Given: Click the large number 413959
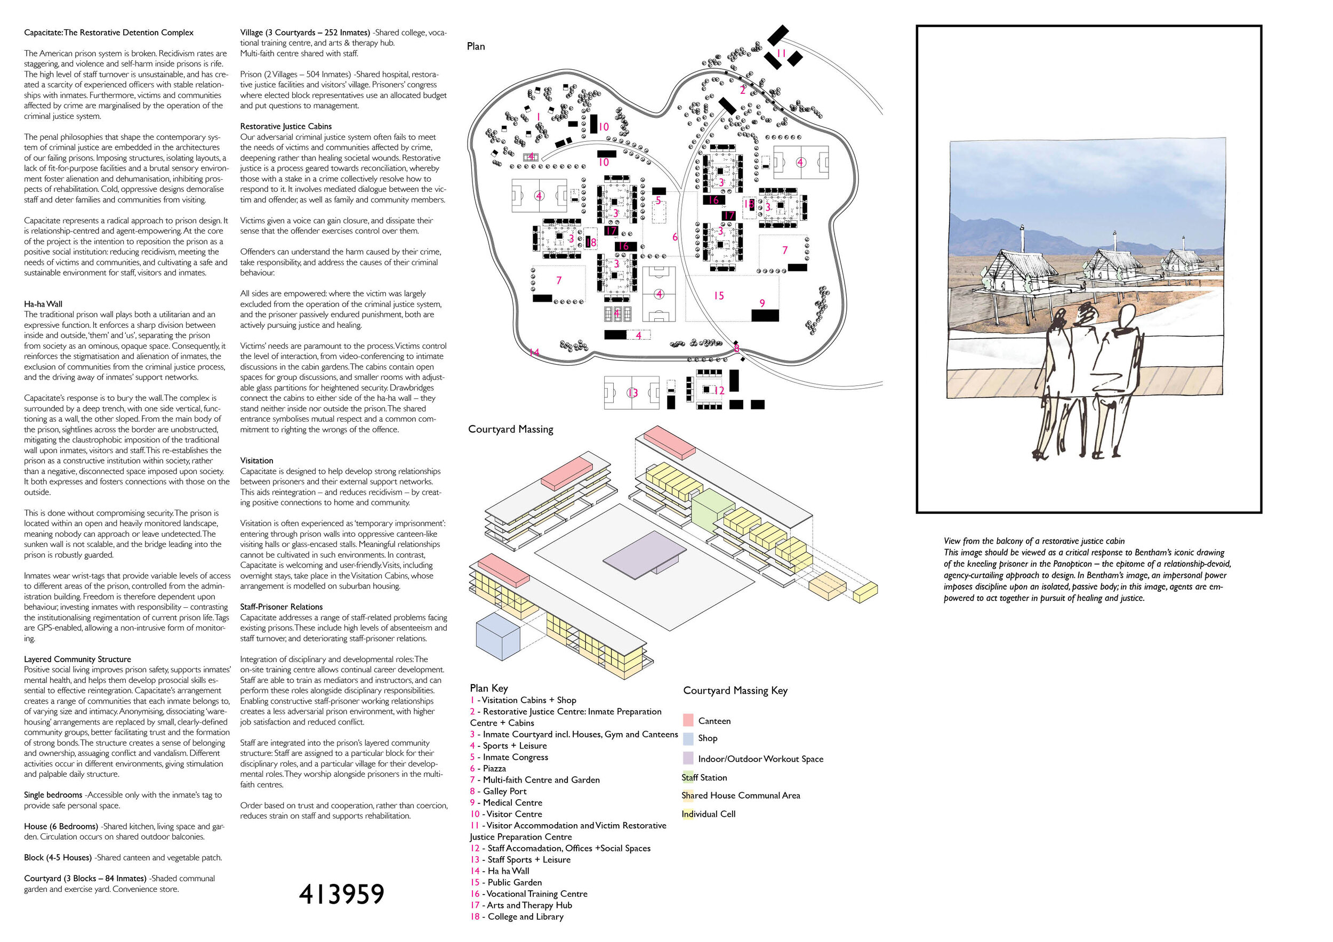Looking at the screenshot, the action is click(341, 895).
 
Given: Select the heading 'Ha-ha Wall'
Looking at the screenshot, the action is click(43, 303).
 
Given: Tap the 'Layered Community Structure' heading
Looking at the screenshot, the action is click(77, 659).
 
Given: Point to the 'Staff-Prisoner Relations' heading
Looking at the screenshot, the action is click(282, 607).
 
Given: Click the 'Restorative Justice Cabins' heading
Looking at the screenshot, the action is click(286, 126).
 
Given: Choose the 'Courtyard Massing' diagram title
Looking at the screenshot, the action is click(511, 429).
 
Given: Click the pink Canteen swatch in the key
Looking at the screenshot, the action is click(688, 720).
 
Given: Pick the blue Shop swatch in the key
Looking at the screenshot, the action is click(688, 738).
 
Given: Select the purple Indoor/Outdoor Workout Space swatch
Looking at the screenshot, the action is click(688, 758).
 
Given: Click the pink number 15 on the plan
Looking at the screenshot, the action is click(719, 296).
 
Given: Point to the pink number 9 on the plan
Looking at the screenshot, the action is click(762, 303).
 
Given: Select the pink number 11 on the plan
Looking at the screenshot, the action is click(782, 53).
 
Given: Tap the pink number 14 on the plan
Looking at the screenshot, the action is click(534, 352).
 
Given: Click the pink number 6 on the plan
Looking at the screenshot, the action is click(674, 237).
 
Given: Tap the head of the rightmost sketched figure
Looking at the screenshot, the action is click(1126, 318).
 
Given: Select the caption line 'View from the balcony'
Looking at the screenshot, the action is click(1034, 541).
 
